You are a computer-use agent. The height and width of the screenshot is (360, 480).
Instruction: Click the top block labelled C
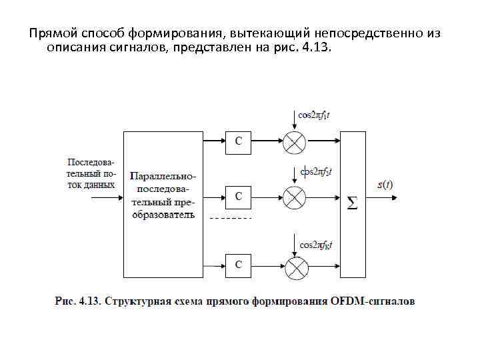coord(238,142)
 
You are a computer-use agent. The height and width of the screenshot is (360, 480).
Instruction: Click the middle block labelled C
coord(238,197)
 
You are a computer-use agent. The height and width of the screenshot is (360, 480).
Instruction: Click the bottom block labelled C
coord(238,265)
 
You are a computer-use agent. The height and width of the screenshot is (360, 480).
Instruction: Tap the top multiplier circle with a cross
coord(294,141)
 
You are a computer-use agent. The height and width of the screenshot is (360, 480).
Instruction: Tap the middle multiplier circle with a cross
coord(294,197)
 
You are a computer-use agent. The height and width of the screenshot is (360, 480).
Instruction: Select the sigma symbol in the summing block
coord(352,204)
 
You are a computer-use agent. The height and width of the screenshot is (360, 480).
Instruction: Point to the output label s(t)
coord(385,185)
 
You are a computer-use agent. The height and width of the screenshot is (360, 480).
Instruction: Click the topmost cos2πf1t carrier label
coord(313,115)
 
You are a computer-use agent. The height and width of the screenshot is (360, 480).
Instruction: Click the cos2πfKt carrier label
coord(316,245)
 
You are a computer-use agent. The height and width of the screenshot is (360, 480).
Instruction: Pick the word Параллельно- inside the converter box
coord(163,177)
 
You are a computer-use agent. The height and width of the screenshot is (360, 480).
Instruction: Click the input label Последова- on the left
coord(92,161)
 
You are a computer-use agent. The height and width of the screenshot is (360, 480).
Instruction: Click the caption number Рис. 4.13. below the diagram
coord(77,301)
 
